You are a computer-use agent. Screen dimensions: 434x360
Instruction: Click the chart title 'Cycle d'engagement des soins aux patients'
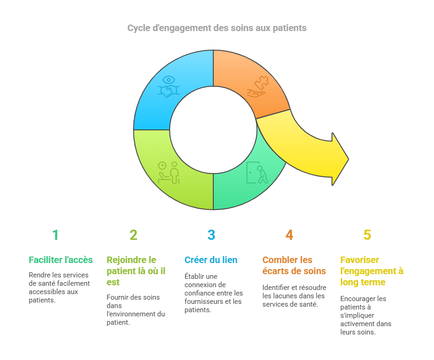(x=217, y=28)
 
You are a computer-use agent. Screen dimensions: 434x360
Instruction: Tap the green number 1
(x=55, y=235)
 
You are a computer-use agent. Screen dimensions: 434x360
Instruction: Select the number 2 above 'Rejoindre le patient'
(x=134, y=235)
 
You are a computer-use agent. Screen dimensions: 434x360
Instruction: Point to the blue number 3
(x=211, y=235)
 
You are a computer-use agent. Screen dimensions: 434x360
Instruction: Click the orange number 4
(x=289, y=235)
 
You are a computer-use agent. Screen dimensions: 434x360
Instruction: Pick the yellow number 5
(x=367, y=235)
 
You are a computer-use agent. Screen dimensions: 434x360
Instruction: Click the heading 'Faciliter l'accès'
(x=61, y=260)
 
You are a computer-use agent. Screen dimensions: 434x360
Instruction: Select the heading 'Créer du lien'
(x=211, y=260)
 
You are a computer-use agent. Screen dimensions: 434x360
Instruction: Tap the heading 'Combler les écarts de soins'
(x=294, y=265)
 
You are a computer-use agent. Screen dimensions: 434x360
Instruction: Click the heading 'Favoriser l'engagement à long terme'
(x=372, y=271)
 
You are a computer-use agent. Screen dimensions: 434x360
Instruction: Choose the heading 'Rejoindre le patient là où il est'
(x=136, y=271)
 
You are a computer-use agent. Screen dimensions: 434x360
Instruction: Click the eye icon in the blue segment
(x=169, y=80)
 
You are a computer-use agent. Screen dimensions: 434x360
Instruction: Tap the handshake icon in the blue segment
(x=169, y=91)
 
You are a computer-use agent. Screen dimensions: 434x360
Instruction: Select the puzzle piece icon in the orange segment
(x=262, y=82)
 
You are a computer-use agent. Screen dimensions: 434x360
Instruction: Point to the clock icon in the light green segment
(x=162, y=166)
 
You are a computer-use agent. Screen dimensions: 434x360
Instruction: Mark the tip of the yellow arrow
(x=349, y=159)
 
